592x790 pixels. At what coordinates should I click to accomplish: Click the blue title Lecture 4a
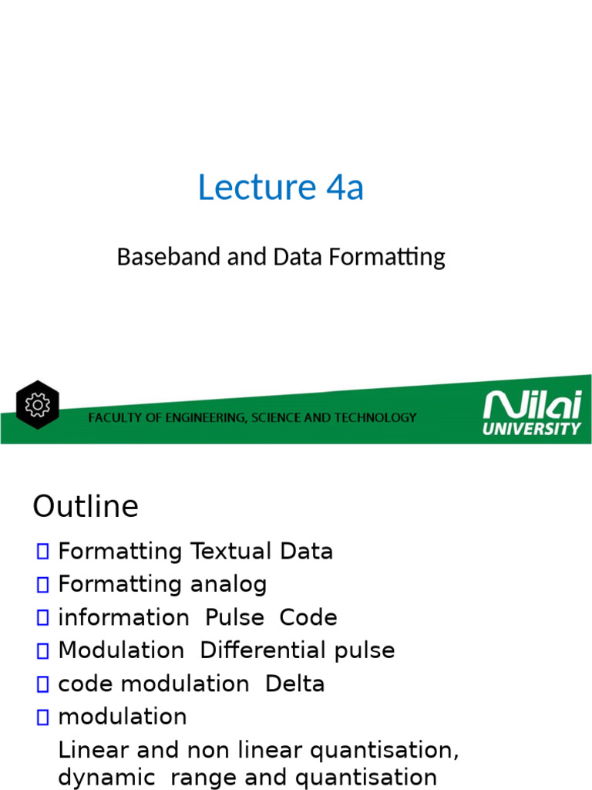(281, 187)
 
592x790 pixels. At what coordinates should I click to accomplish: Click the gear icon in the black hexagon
(37, 405)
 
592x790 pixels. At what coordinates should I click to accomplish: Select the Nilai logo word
(531, 405)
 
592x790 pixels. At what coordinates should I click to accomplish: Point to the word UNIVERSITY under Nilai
(531, 428)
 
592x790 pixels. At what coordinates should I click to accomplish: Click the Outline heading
(86, 507)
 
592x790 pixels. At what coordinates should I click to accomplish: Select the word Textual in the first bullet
(221, 552)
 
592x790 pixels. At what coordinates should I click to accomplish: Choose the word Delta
(295, 684)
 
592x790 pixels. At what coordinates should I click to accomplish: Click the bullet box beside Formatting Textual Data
(42, 552)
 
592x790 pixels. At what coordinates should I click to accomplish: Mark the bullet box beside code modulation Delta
(42, 684)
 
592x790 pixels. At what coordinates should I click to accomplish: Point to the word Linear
(89, 749)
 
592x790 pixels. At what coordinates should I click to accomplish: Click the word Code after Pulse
(308, 617)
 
